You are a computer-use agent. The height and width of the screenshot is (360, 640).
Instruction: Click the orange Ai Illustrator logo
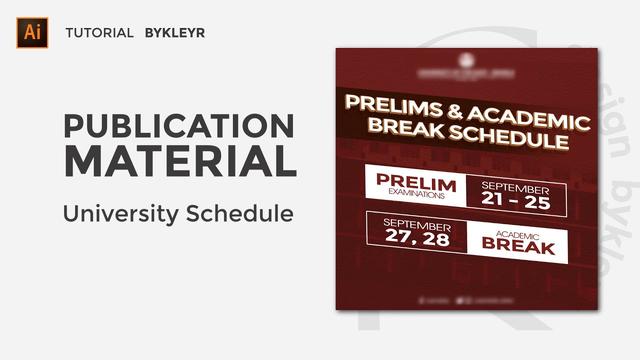point(32,32)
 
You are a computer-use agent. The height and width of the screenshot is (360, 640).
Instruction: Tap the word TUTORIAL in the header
point(99,33)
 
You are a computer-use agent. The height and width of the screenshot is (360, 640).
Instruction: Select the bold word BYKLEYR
point(175,33)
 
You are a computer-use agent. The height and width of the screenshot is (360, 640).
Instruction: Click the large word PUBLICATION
point(178,126)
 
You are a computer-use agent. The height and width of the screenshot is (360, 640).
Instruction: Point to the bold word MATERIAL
point(180,161)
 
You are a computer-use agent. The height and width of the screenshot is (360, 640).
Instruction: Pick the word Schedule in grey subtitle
point(239,214)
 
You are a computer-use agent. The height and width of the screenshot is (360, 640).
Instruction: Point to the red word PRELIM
point(416,183)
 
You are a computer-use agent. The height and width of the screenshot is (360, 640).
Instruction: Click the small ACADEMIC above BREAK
point(517,235)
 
